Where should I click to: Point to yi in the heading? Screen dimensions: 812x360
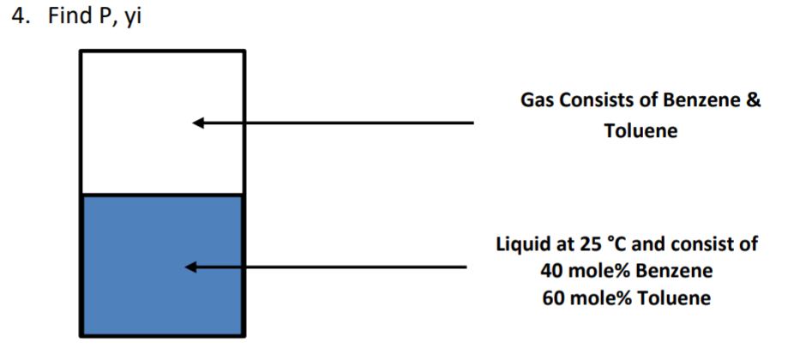pyautogui.click(x=131, y=19)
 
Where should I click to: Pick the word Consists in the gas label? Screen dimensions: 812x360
pyautogui.click(x=597, y=100)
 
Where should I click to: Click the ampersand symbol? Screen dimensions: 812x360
pyautogui.click(x=752, y=100)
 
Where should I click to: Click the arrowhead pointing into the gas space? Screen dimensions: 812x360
pyautogui.click(x=198, y=123)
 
